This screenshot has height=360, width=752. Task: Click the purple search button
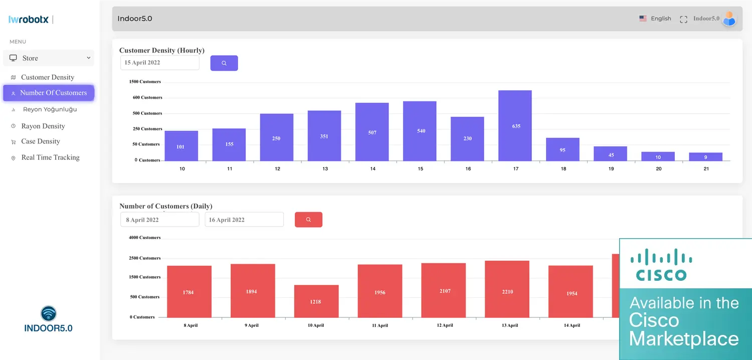(x=224, y=63)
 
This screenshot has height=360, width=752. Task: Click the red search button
(x=308, y=220)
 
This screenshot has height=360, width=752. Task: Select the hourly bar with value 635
(x=515, y=125)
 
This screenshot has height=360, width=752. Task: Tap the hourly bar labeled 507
(x=372, y=132)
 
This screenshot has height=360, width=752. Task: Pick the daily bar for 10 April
(x=316, y=301)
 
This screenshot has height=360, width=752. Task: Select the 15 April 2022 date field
(x=159, y=63)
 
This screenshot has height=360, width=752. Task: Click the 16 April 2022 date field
(x=244, y=220)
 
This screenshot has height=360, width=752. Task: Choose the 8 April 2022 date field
(x=159, y=220)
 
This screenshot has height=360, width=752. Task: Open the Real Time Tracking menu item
(x=50, y=157)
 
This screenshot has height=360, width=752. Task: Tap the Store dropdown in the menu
(x=49, y=58)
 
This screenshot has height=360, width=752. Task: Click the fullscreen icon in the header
(x=683, y=20)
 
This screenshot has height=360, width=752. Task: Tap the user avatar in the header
(x=729, y=19)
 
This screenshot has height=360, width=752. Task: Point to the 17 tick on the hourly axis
(x=516, y=169)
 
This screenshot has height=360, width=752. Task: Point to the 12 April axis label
(x=445, y=325)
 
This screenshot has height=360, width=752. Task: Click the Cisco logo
(x=661, y=264)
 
